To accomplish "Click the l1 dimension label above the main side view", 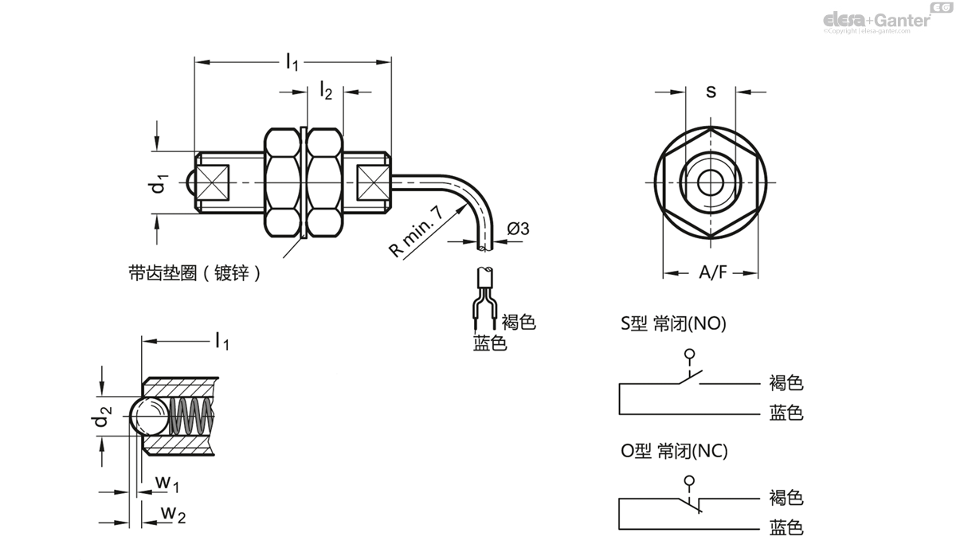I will [x=292, y=61].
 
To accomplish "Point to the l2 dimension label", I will [x=325, y=91].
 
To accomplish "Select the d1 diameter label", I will [x=160, y=182].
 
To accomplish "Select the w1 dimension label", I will [x=167, y=483].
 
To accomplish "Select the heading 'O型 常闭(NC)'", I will [x=674, y=452].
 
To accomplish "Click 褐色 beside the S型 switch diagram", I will [x=786, y=383].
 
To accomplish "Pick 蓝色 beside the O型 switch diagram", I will [x=786, y=527].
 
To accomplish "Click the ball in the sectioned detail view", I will [x=148, y=416].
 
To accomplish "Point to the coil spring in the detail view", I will [x=192, y=416].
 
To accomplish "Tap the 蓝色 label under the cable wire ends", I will [x=490, y=343].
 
